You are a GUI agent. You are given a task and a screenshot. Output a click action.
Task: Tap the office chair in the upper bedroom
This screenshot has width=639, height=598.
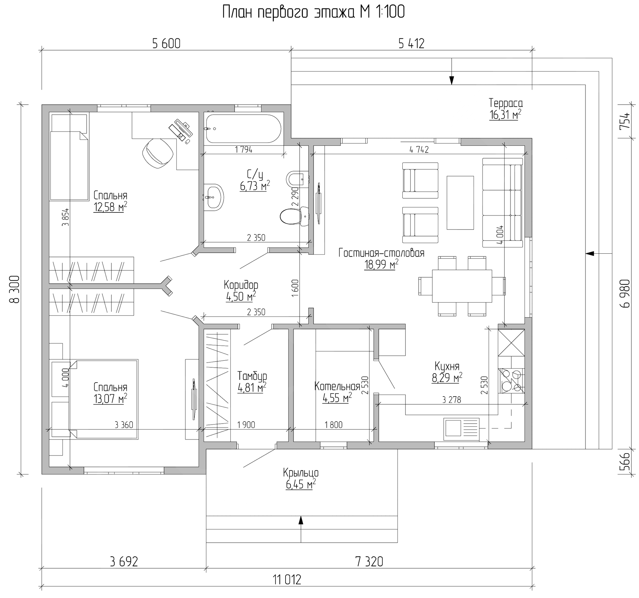(x=157, y=153)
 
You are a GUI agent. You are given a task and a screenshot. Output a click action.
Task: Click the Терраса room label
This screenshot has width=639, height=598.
(x=506, y=103)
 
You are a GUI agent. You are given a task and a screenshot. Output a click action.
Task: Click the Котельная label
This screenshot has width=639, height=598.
(x=337, y=386)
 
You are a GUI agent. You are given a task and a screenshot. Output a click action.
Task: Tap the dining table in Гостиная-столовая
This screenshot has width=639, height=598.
(x=462, y=286)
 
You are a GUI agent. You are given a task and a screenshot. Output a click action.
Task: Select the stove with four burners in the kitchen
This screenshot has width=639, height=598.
(x=511, y=381)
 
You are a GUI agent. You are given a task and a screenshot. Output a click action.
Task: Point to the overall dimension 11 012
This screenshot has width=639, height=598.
(x=287, y=580)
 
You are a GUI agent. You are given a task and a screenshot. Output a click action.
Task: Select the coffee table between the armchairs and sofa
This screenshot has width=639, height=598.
(x=460, y=203)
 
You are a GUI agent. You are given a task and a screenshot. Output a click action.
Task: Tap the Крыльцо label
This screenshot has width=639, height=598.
(x=301, y=473)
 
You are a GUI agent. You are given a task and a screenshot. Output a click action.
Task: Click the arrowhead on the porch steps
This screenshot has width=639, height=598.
(x=301, y=520)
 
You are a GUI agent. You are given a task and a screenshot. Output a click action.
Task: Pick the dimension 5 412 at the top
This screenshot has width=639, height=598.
(x=411, y=44)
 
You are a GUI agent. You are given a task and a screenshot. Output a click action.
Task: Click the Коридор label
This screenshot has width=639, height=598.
(x=241, y=285)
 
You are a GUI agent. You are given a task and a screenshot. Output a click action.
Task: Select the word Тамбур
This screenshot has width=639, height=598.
(x=252, y=376)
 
